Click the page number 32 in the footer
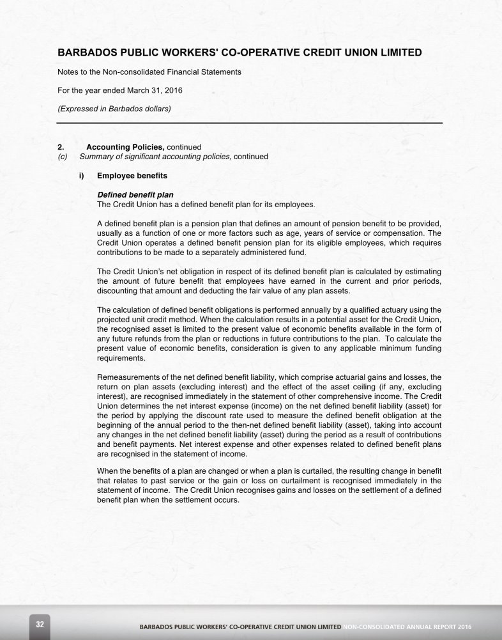point(40,624)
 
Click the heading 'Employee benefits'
point(132,175)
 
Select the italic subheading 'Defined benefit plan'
point(135,194)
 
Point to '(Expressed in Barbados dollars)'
point(114,108)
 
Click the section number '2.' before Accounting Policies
point(61,147)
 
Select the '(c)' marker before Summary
point(63,156)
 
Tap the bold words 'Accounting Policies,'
point(125,147)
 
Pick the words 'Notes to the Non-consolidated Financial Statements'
point(149,72)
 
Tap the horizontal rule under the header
point(249,122)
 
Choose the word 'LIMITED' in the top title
point(397,52)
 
